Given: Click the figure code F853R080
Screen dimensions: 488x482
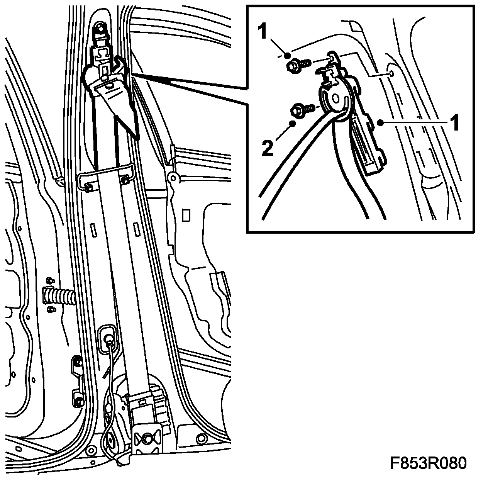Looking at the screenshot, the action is [x=428, y=463].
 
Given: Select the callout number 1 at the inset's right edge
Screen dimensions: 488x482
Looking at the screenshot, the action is [x=455, y=122].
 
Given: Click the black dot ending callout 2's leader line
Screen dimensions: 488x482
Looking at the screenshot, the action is [x=293, y=124].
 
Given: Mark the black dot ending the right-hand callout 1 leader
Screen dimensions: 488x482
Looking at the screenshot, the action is [x=380, y=123].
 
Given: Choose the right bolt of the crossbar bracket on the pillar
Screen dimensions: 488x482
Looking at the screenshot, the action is [x=125, y=180].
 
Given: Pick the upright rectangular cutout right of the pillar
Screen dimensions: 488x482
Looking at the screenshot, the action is [x=186, y=216].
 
